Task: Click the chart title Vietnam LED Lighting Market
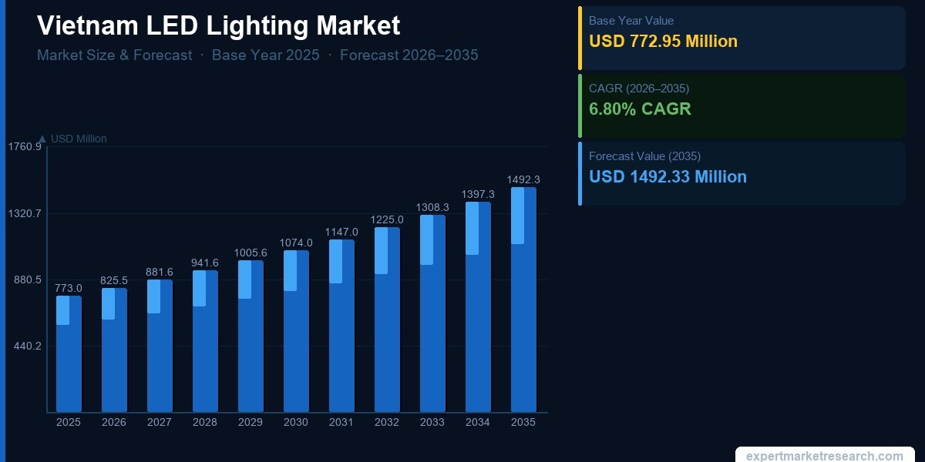(x=218, y=25)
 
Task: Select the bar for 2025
(x=69, y=354)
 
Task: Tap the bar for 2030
(x=296, y=331)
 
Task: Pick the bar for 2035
(x=523, y=300)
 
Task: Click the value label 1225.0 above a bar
(x=387, y=220)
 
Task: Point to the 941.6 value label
(x=205, y=263)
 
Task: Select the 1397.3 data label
(x=478, y=195)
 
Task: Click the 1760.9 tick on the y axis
(x=25, y=147)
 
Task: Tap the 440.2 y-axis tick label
(x=27, y=346)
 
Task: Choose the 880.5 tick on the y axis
(x=27, y=280)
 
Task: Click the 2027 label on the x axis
(x=160, y=423)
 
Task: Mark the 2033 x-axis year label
(x=432, y=423)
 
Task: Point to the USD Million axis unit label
(x=78, y=139)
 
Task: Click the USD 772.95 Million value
(x=663, y=42)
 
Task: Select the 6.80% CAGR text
(x=640, y=109)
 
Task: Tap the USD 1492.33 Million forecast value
(x=668, y=177)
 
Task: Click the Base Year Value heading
(x=631, y=21)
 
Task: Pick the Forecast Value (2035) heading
(x=644, y=156)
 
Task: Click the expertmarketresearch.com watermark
(x=824, y=456)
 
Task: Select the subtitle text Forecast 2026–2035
(x=409, y=55)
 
